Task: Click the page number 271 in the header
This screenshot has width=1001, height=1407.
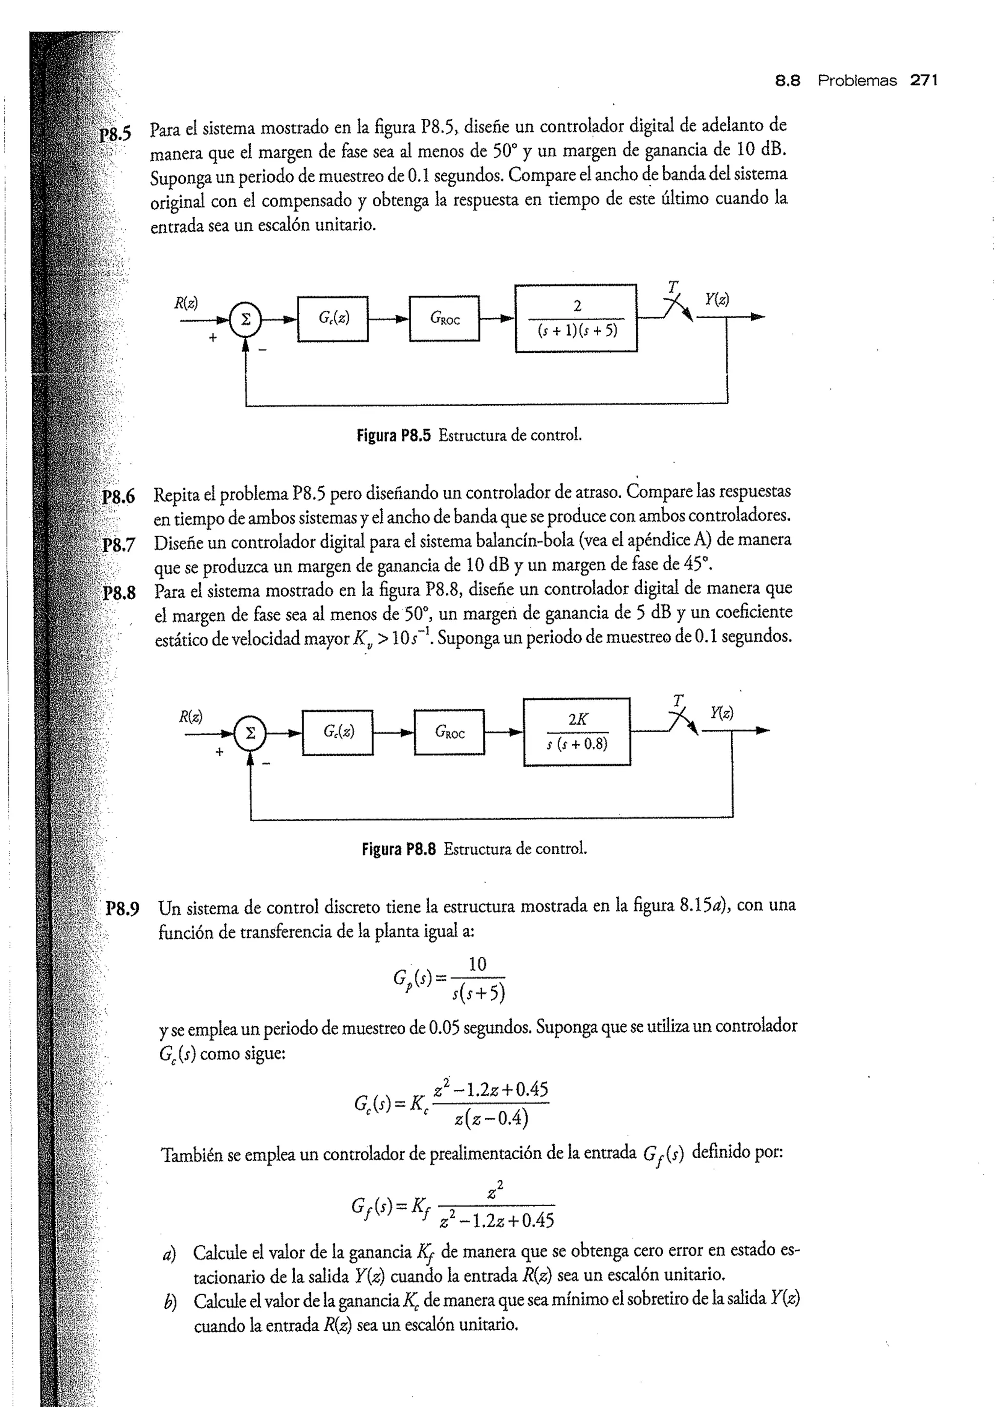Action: click(923, 80)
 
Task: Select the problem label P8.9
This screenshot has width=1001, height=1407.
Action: click(123, 909)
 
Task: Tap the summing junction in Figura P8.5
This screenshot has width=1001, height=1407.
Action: click(245, 319)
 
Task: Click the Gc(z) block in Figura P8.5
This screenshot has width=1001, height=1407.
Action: click(333, 319)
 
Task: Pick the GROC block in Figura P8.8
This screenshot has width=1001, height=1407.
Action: click(449, 732)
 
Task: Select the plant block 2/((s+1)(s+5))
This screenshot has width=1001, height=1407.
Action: click(576, 318)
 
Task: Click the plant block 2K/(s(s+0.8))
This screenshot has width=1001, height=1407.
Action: click(577, 732)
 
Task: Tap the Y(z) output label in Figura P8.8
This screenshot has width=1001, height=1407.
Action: click(722, 713)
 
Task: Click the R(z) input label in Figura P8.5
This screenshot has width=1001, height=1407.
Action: click(186, 303)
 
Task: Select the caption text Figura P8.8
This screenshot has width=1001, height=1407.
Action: click(398, 849)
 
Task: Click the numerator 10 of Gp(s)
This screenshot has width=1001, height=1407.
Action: click(477, 965)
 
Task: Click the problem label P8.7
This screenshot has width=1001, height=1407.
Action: click(119, 545)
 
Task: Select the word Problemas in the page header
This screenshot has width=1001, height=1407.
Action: click(857, 80)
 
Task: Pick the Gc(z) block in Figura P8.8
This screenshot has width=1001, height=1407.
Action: click(338, 732)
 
